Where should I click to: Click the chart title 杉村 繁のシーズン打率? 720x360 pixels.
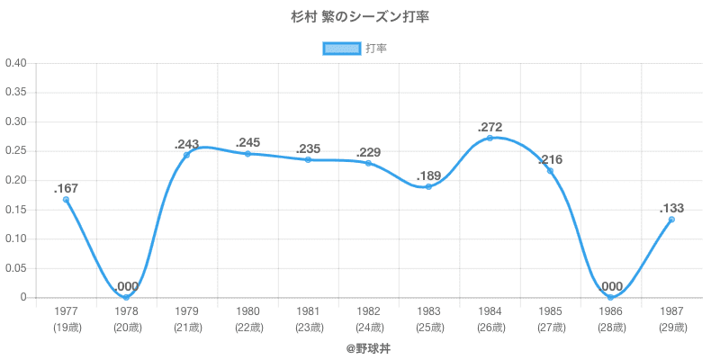359,17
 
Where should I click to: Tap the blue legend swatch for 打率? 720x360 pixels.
341,49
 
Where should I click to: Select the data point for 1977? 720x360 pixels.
66,200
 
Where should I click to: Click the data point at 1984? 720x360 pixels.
490,138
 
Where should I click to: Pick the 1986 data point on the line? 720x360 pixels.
610,297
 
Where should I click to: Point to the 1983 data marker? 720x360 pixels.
429,186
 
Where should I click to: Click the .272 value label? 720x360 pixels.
490,127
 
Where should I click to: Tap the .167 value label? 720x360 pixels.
66,188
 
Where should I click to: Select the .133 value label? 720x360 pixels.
671,208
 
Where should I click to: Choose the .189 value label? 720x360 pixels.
429,175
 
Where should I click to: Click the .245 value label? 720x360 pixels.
247,142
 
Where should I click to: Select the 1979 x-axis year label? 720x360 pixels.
187,311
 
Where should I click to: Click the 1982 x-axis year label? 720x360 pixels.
368,311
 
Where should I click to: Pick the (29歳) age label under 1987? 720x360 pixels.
670,327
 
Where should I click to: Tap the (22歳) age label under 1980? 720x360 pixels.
247,327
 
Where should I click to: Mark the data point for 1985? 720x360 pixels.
550,171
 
